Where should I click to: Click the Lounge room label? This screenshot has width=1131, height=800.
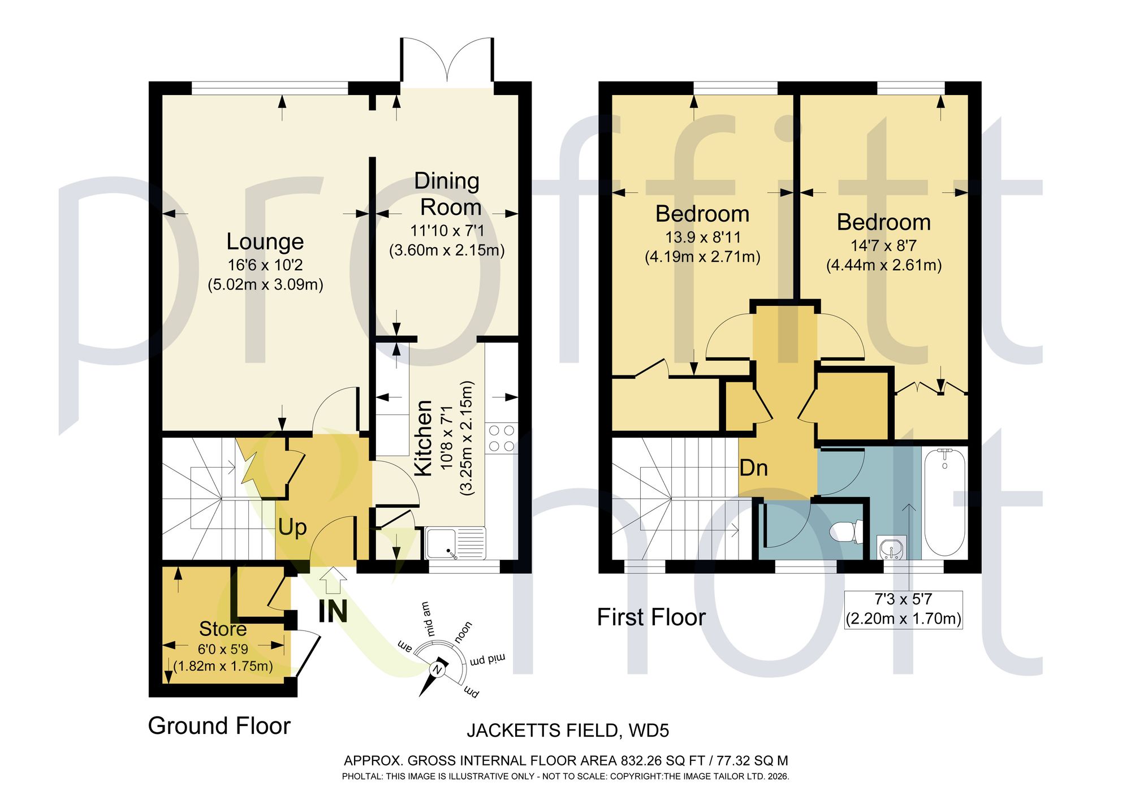click(265, 241)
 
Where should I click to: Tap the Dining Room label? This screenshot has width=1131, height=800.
click(447, 194)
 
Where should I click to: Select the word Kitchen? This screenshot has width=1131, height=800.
click(424, 438)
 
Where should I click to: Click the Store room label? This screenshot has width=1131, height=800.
click(223, 629)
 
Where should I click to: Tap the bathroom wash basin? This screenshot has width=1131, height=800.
click(892, 548)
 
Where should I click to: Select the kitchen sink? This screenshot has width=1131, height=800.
click(455, 543)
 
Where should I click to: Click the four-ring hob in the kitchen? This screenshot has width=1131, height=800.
click(502, 438)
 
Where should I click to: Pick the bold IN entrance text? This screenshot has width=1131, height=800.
click(333, 611)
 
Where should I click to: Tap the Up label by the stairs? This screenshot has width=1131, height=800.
click(292, 527)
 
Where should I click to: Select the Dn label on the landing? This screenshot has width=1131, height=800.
click(754, 468)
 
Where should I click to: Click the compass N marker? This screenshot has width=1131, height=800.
click(437, 670)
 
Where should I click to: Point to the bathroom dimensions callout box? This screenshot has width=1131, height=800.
click(904, 609)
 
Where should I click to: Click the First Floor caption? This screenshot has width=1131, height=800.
click(651, 617)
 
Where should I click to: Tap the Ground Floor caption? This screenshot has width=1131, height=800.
click(219, 725)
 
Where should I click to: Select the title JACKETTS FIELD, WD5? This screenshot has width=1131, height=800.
click(568, 730)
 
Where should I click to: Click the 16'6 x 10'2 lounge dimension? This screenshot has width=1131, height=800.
click(265, 265)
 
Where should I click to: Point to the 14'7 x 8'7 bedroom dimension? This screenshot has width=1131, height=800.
click(884, 245)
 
